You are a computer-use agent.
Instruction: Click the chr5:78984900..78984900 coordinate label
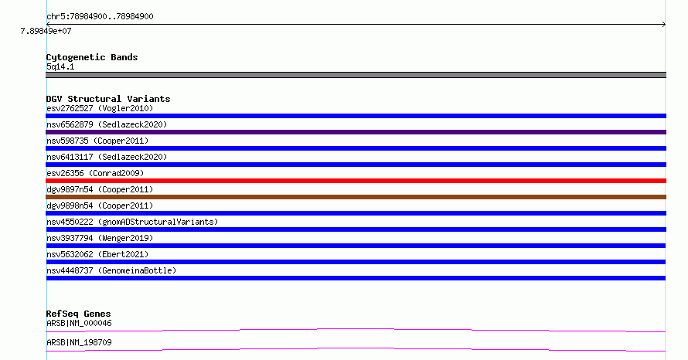[x=100, y=17]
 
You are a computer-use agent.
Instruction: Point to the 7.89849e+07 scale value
[x=46, y=31]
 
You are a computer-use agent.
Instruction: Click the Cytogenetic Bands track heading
[x=92, y=57]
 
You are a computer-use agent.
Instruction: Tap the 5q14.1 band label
[x=60, y=66]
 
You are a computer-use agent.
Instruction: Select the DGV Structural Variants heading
[x=108, y=99]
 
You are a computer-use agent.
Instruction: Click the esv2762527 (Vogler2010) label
[x=100, y=108]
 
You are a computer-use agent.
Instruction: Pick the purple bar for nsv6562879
[x=356, y=132]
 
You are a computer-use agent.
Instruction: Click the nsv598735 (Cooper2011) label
[x=97, y=141]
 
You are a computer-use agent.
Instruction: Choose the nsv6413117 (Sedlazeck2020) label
[x=107, y=157]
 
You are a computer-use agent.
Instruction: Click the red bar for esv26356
[x=356, y=181]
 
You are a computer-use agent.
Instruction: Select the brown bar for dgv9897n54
[x=356, y=197]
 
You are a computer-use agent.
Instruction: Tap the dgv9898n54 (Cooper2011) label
[x=100, y=205]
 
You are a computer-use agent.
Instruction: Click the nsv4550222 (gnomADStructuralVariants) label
[x=132, y=222]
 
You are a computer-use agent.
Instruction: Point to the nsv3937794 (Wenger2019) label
[x=100, y=238]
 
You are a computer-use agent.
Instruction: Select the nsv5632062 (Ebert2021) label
[x=97, y=254]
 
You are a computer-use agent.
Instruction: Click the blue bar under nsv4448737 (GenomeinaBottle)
[x=356, y=278]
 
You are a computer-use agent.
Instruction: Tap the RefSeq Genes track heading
[x=78, y=314]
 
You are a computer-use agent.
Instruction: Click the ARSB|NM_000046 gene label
[x=79, y=323]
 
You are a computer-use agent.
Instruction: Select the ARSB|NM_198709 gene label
[x=79, y=342]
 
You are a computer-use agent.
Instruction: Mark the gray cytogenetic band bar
[x=356, y=75]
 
